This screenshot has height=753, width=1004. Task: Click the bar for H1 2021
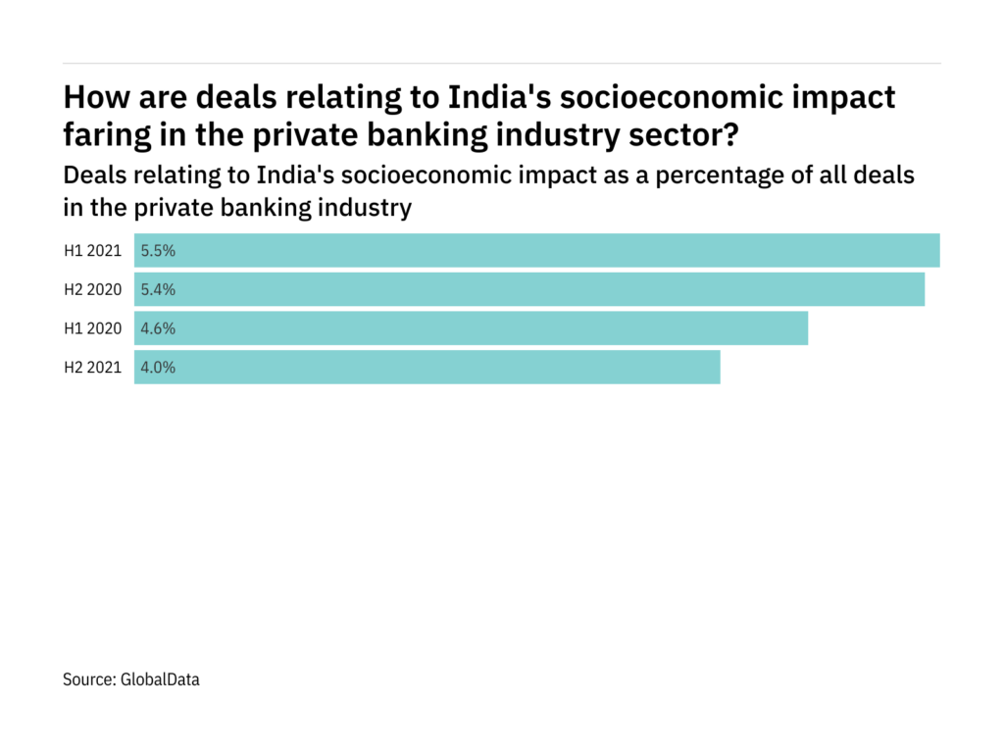pyautogui.click(x=537, y=250)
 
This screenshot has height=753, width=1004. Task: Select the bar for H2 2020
pyautogui.click(x=529, y=289)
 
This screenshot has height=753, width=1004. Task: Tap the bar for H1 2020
pyautogui.click(x=471, y=328)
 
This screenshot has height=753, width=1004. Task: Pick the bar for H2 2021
pyautogui.click(x=427, y=368)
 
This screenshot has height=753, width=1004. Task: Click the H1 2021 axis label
pyautogui.click(x=92, y=250)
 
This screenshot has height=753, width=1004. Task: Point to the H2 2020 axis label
pyautogui.click(x=92, y=289)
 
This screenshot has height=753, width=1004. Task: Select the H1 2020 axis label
pyautogui.click(x=92, y=328)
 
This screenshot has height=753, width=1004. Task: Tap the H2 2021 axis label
pyautogui.click(x=92, y=368)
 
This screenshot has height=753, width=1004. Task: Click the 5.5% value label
pyautogui.click(x=158, y=250)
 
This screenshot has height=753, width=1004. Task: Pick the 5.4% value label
pyautogui.click(x=158, y=289)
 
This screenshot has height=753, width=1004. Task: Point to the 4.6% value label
pyautogui.click(x=158, y=328)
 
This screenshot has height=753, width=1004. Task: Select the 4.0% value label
pyautogui.click(x=158, y=368)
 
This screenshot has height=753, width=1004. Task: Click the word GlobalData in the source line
pyautogui.click(x=161, y=678)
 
